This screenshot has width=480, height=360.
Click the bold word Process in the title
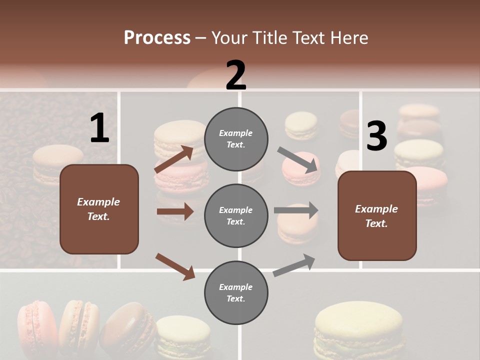[x=157, y=38]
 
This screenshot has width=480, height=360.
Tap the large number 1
[x=99, y=128]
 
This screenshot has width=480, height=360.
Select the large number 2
[x=236, y=75]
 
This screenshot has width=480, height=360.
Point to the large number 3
[x=376, y=136]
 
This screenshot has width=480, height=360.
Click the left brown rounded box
[x=99, y=209]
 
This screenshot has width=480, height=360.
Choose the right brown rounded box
[x=377, y=216]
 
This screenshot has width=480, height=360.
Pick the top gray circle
[x=236, y=139]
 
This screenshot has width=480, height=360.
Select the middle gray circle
[x=236, y=216]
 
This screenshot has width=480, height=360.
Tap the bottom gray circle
[x=236, y=293]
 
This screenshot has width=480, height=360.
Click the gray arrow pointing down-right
[x=298, y=160]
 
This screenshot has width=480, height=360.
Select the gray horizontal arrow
[x=296, y=210]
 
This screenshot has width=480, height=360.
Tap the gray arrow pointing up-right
[x=294, y=265]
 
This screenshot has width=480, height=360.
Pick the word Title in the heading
[x=271, y=38]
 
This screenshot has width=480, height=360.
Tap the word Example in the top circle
[x=236, y=133]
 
